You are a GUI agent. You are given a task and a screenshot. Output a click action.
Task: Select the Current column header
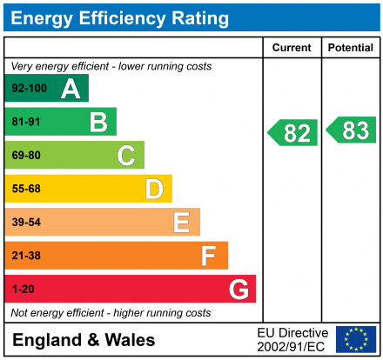tap(292, 48)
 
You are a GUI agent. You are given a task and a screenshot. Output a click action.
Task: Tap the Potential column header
tap(351, 48)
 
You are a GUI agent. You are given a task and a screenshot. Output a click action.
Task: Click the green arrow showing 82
tap(293, 133)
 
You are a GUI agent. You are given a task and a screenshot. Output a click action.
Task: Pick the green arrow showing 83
tap(352, 130)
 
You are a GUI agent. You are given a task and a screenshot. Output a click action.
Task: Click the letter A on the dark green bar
tap(71, 88)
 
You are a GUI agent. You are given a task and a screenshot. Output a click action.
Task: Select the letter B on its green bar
tap(98, 122)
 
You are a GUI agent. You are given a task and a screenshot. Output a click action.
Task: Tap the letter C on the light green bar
tap(126, 156)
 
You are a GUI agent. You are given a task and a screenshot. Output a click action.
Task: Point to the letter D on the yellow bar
tap(154, 189)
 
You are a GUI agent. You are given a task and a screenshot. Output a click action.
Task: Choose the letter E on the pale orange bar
tap(181, 223)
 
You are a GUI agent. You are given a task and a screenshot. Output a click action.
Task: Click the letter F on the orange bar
tap(209, 256)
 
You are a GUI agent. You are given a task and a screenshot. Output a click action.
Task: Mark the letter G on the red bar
tap(238, 289)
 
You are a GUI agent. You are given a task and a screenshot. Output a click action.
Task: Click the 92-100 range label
tap(29, 89)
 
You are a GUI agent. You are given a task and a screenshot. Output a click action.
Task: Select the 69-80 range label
tap(26, 156)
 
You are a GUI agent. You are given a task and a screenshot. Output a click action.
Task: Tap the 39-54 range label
tap(26, 223)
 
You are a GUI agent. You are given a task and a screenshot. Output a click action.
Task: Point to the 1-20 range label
tap(23, 290)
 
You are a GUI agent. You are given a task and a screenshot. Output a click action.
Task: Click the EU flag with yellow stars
tap(356, 339)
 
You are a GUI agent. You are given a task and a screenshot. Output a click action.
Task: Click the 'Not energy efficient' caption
tap(110, 312)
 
